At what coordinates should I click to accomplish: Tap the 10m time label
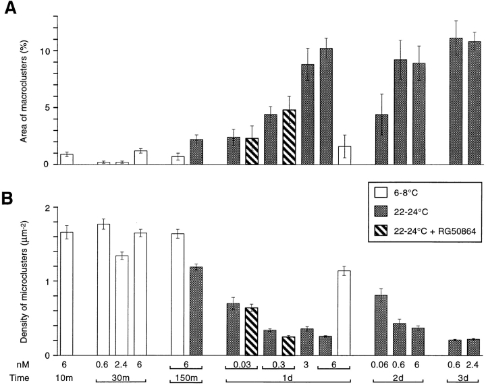coord(66,379)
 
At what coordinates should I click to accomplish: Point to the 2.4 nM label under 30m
coord(122,363)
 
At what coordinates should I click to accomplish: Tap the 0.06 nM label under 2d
coord(381,363)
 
